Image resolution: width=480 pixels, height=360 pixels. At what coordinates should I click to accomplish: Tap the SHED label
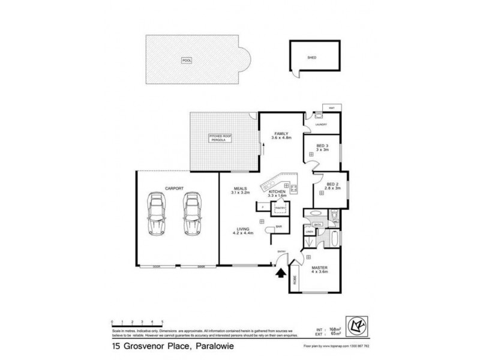[x=311, y=58]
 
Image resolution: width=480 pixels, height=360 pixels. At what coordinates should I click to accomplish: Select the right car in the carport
[x=193, y=214]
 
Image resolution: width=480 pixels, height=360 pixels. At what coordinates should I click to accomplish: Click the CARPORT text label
[x=174, y=188]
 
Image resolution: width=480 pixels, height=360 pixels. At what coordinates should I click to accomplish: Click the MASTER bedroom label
[x=319, y=267]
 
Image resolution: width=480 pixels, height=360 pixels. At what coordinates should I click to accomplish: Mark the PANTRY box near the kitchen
[x=279, y=208]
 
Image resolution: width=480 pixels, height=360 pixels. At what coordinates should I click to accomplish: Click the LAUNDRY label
[x=320, y=125]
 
